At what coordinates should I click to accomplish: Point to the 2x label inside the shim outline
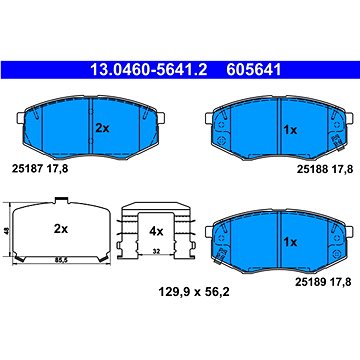[61, 229]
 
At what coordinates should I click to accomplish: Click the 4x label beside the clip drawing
[155, 230]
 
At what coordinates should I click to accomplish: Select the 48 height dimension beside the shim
[8, 229]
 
